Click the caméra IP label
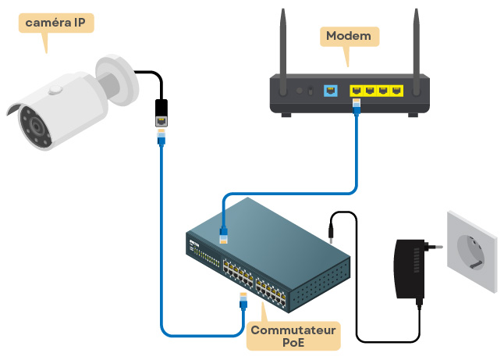pos(55,23)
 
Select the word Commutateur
pos(293,330)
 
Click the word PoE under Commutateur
pos(293,344)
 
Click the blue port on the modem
pos(329,91)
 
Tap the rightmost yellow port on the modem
pos(399,91)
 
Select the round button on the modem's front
pos(300,91)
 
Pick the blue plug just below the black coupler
pos(161,137)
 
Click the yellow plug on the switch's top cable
pos(224,235)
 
